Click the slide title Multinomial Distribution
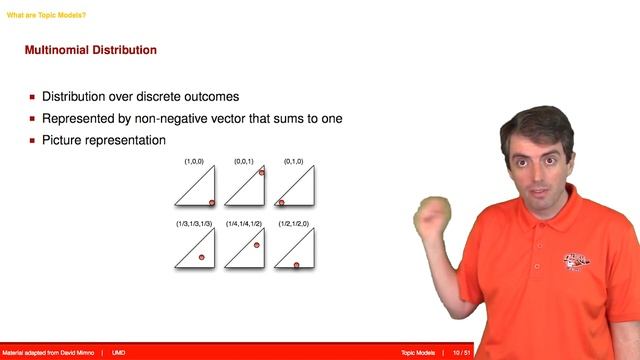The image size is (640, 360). pyautogui.click(x=90, y=50)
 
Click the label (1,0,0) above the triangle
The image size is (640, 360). pyautogui.click(x=194, y=160)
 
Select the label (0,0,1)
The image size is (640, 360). pyautogui.click(x=244, y=160)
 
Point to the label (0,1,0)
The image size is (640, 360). pyautogui.click(x=293, y=160)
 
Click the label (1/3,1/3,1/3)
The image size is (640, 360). pyautogui.click(x=194, y=223)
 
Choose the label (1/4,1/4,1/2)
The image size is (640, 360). pyautogui.click(x=244, y=223)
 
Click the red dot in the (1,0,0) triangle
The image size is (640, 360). pyautogui.click(x=212, y=202)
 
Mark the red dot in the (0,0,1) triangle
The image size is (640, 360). pyautogui.click(x=261, y=172)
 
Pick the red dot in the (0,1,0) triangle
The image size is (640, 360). pyautogui.click(x=281, y=202)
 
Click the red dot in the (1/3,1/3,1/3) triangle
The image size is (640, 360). pyautogui.click(x=201, y=258)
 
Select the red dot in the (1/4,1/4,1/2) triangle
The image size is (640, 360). pyautogui.click(x=256, y=245)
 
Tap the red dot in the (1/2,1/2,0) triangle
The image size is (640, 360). pyautogui.click(x=295, y=265)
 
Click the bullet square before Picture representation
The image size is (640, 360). pyautogui.click(x=32, y=141)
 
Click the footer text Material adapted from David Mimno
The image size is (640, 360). pyautogui.click(x=48, y=353)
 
